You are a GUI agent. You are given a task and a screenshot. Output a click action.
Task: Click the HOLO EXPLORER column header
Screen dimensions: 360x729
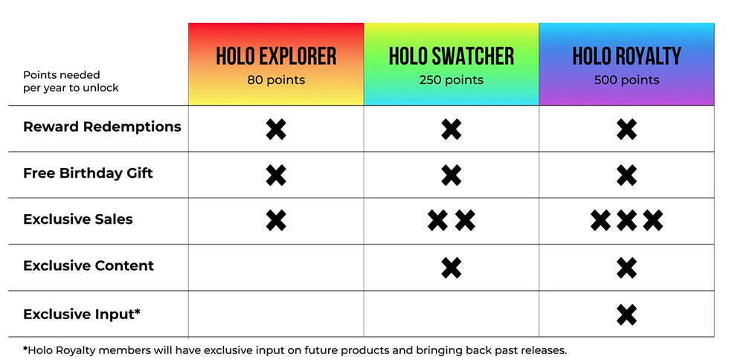tap(276, 57)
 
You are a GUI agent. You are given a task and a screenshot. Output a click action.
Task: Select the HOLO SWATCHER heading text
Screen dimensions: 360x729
tap(451, 57)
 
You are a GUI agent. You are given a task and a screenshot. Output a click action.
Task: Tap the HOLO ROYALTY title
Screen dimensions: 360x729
tap(626, 57)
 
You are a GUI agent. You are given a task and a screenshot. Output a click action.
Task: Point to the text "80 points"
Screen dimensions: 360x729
tap(276, 80)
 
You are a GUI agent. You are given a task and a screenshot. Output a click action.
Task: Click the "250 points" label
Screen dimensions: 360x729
tap(451, 80)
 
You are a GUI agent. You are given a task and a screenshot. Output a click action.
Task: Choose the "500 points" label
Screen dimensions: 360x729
tap(626, 80)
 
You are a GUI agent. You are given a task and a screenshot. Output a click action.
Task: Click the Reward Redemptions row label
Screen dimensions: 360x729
tap(102, 127)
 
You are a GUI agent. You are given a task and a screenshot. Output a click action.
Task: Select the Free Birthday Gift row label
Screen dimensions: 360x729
tap(88, 173)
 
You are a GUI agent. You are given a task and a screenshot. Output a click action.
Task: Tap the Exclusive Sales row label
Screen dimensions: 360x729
tap(78, 219)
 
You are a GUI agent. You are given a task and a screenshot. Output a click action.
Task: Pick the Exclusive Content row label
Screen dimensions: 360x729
tap(89, 266)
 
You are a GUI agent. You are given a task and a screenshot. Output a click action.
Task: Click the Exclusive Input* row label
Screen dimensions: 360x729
tap(82, 314)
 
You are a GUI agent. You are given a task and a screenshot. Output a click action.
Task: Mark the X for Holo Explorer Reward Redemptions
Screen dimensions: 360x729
tap(276, 129)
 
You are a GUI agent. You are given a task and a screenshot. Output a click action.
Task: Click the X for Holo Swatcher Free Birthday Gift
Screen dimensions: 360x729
tap(451, 176)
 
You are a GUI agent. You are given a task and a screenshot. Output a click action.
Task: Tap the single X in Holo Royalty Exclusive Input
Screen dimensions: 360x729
tap(626, 315)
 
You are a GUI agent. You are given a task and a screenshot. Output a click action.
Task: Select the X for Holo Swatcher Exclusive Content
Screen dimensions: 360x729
tap(451, 268)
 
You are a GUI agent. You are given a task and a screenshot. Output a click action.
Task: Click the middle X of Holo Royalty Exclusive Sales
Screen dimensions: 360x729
tap(626, 221)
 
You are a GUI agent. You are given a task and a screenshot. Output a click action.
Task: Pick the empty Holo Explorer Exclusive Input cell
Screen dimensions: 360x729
tap(276, 314)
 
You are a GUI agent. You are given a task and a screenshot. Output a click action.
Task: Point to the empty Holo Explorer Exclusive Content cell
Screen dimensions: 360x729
tap(276, 268)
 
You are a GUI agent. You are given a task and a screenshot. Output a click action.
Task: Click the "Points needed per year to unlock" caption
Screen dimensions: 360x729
tap(71, 81)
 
